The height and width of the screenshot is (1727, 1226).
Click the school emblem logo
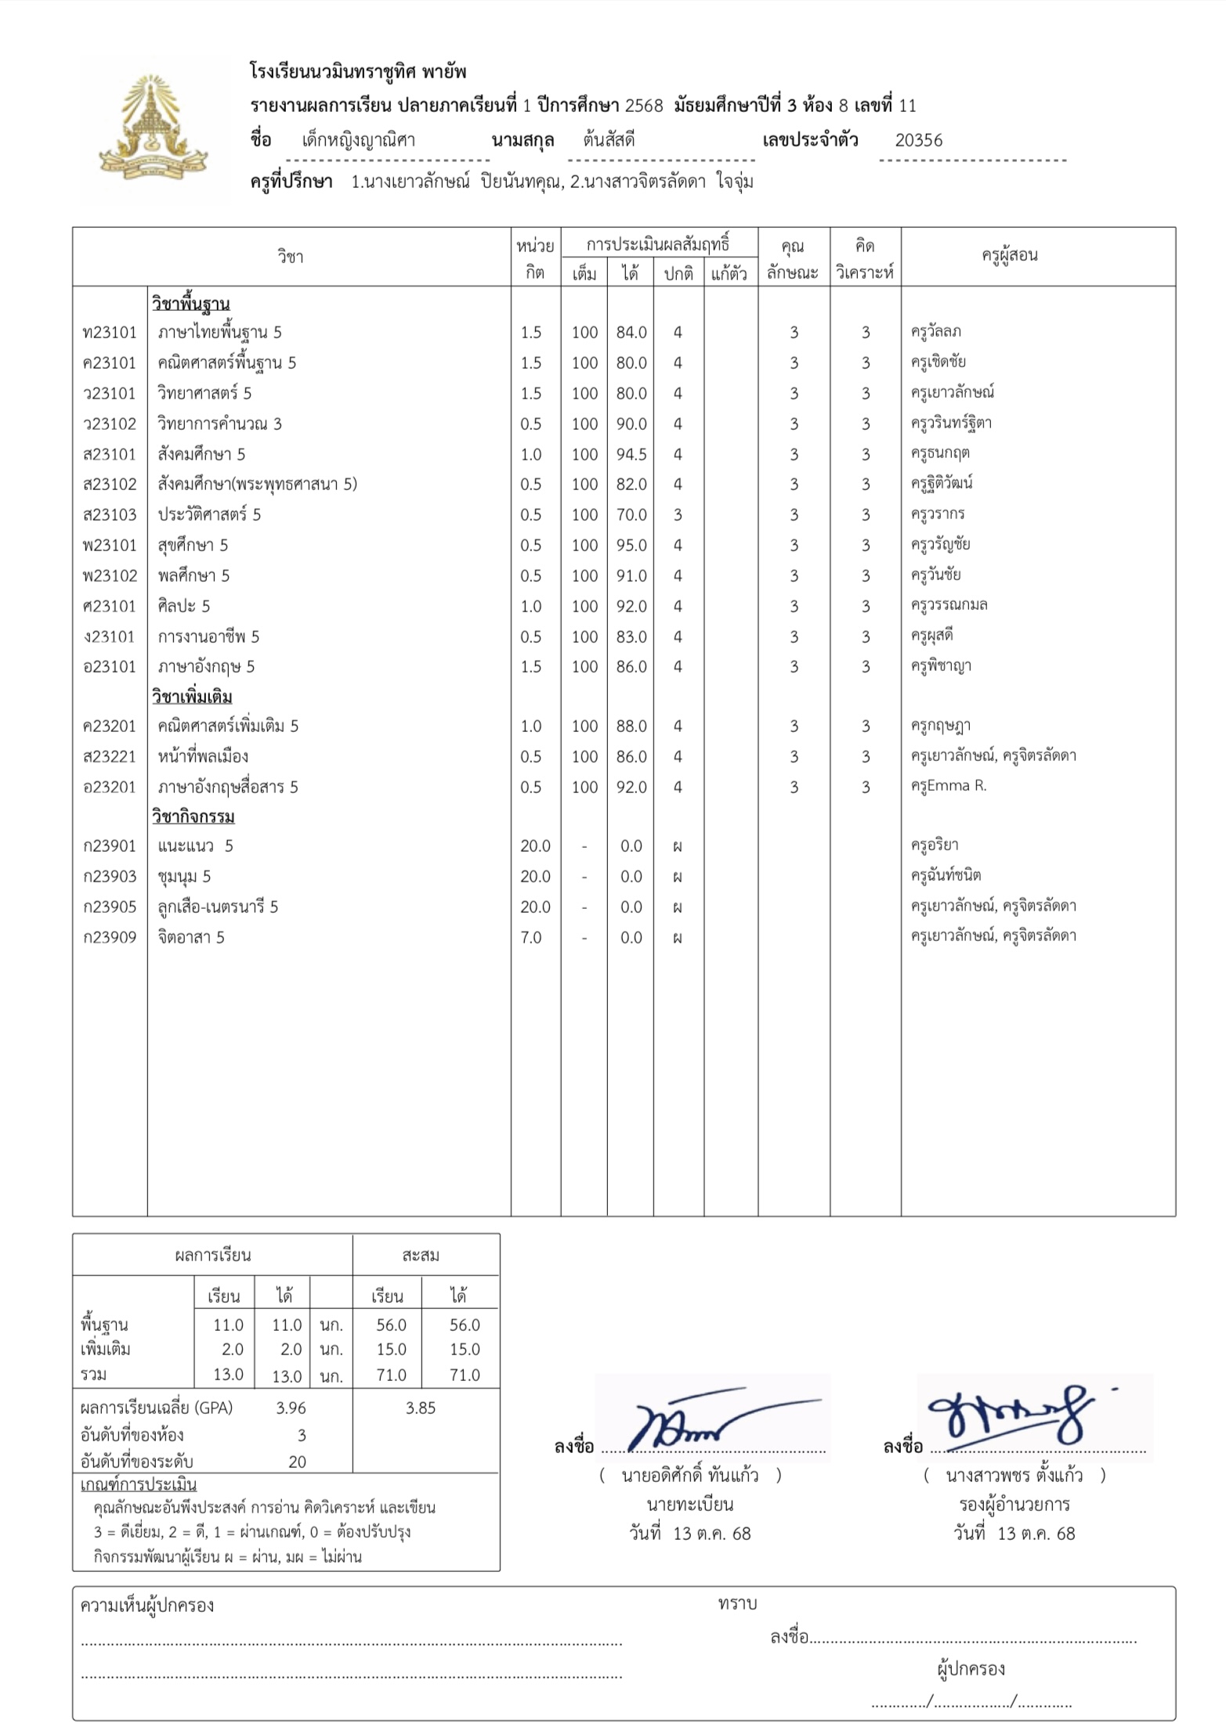pos(154,128)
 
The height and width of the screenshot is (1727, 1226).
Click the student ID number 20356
pos(918,141)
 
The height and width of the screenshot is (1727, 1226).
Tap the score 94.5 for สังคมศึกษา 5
pos(631,454)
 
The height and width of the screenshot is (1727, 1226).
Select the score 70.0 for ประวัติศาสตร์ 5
pos(631,515)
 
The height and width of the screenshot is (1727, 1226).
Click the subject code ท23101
pos(110,333)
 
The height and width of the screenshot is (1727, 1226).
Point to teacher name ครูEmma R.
pos(948,786)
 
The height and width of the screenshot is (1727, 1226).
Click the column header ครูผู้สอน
pos(1009,255)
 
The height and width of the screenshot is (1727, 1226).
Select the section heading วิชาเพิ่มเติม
pos(192,697)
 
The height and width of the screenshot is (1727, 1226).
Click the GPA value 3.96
pos(291,1408)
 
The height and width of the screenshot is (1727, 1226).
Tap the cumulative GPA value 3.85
pos(421,1408)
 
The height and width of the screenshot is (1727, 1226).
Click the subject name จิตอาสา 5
pos(191,937)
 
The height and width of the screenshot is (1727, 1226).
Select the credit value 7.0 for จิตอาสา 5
pos(530,937)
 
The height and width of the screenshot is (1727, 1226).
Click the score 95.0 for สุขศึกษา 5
pos(631,546)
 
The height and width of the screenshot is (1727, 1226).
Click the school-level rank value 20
pos(297,1462)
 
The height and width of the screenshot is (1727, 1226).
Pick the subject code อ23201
pos(110,787)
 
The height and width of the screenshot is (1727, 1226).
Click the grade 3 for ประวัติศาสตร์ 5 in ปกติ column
pos(678,515)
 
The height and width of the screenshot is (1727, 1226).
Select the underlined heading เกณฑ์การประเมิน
pos(138,1485)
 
